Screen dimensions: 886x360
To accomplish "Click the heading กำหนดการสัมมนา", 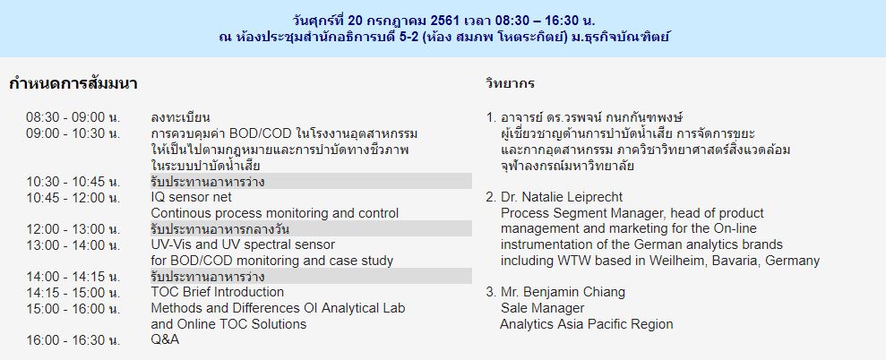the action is click(73, 84).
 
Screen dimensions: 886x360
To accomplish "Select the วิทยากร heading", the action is click(511, 84).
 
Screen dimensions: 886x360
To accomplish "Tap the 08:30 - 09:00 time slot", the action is click(73, 117).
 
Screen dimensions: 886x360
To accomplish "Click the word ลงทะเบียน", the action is click(181, 117).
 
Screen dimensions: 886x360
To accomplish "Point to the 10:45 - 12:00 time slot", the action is click(73, 197).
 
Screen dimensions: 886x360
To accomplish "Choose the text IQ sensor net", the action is click(191, 197).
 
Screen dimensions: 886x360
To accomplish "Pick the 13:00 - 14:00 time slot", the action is click(73, 244).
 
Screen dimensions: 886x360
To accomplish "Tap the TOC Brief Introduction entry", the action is click(218, 292).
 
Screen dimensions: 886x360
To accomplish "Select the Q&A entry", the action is click(165, 339).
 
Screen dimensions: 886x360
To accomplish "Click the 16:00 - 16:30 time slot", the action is click(73, 339).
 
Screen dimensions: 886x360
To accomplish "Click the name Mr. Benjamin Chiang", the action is click(563, 292).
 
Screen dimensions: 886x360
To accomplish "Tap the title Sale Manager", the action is click(543, 308).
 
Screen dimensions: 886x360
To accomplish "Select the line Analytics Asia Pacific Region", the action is click(587, 324).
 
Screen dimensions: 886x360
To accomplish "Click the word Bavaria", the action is click(740, 261).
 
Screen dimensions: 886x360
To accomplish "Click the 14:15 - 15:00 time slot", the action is click(73, 292).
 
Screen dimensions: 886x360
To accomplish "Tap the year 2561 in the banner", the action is click(444, 21).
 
